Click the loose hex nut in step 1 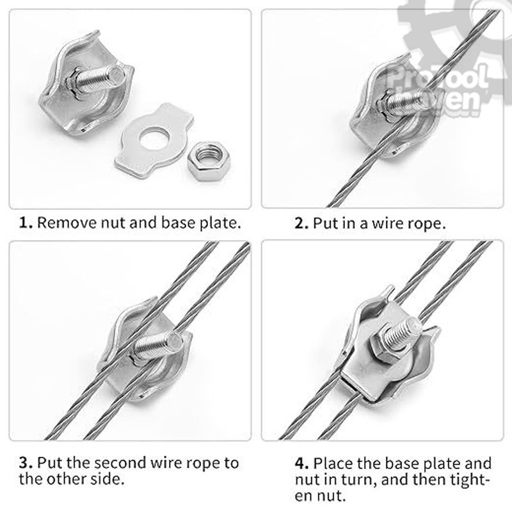click(206, 162)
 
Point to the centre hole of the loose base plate click(154, 139)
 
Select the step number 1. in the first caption click(26, 223)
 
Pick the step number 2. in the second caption click(301, 223)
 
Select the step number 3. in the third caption click(26, 463)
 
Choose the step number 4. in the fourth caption click(301, 463)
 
